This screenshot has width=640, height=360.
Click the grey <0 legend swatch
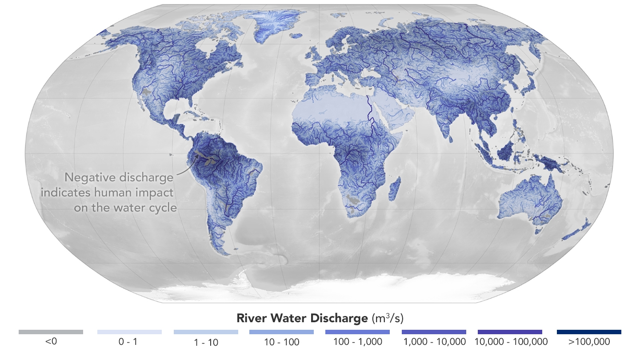tap(51, 332)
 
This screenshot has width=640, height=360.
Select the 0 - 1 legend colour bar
tap(129, 332)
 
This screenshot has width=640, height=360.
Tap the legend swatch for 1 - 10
tap(206, 332)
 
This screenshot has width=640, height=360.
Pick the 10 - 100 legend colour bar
tap(281, 332)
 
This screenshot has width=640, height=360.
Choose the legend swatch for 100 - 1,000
tap(357, 332)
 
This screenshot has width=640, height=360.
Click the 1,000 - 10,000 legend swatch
tap(434, 332)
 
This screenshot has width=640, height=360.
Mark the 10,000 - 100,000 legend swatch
tap(510, 332)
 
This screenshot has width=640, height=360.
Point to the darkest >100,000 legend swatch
tap(589, 332)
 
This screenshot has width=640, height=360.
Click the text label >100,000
tap(589, 342)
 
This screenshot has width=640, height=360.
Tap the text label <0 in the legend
tap(51, 342)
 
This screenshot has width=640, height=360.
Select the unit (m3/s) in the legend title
tap(386, 319)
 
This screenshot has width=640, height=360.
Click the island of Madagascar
tap(394, 188)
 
